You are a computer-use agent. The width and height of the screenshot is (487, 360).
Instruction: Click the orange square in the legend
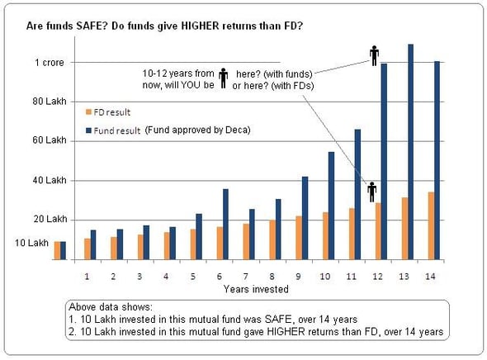point(88,111)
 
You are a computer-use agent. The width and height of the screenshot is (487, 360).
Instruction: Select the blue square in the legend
point(88,130)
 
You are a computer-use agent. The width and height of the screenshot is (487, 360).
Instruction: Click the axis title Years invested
point(252,289)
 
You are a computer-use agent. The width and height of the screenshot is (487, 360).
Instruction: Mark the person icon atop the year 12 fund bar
point(373,54)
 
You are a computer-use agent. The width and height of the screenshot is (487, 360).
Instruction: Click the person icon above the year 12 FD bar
point(372,192)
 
